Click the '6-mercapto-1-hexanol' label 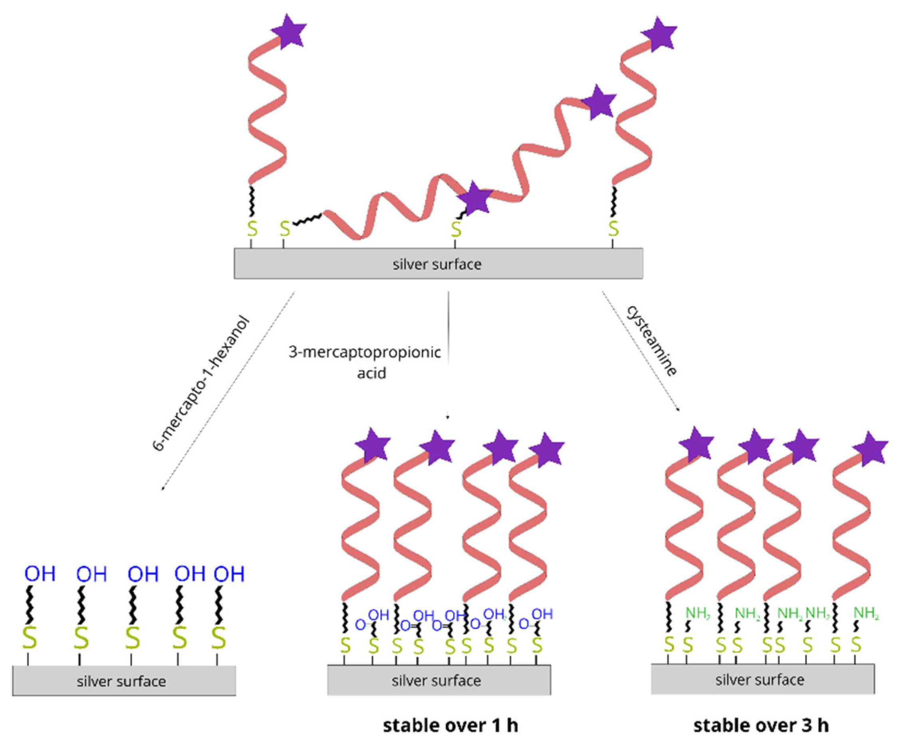[200, 383]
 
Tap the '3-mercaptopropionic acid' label [365, 362]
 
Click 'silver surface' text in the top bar [437, 264]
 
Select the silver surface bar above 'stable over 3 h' [762, 679]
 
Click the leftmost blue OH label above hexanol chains [40, 574]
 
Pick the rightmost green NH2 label [866, 613]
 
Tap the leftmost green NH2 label [698, 613]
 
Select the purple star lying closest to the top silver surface [475, 198]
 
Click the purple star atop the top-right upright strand [659, 34]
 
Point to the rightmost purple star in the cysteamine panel [870, 448]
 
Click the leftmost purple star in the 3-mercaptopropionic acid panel [373, 445]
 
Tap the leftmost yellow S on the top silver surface [252, 229]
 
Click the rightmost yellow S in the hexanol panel [219, 638]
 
